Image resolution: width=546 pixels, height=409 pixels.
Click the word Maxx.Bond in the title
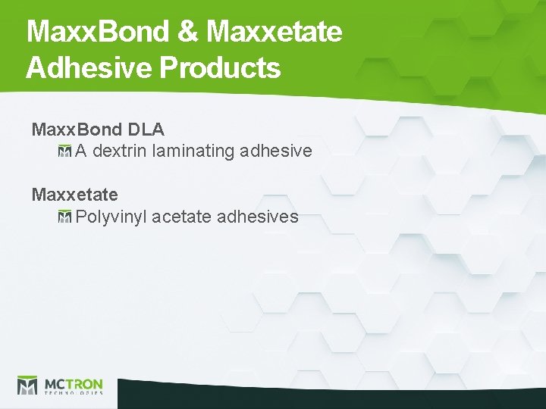pyautogui.click(x=97, y=32)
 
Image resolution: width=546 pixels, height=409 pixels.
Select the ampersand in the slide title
pyautogui.click(x=190, y=32)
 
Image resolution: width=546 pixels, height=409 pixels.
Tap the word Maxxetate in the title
pyautogui.click(x=274, y=32)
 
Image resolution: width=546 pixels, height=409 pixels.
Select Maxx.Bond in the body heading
pyautogui.click(x=75, y=130)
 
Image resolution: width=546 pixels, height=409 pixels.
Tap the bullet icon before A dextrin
pyautogui.click(x=64, y=151)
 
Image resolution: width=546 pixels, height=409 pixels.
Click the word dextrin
pyautogui.click(x=120, y=151)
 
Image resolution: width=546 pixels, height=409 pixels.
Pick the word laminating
pyautogui.click(x=193, y=151)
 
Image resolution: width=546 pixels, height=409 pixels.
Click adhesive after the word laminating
pyautogui.click(x=275, y=151)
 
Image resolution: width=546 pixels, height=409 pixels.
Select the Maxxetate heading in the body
pyautogui.click(x=74, y=195)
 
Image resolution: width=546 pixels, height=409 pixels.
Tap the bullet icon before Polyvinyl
pyautogui.click(x=64, y=217)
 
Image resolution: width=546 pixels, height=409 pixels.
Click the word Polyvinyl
pyautogui.click(x=111, y=217)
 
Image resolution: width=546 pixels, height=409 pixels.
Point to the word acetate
pyautogui.click(x=181, y=217)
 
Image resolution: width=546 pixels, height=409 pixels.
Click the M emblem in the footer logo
pyautogui.click(x=27, y=386)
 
